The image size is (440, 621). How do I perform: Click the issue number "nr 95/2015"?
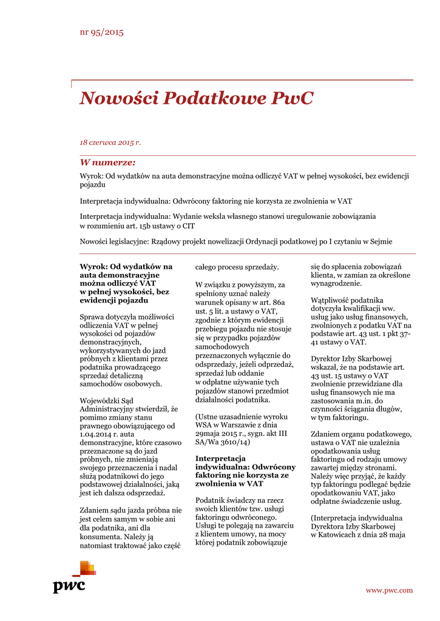coord(101,32)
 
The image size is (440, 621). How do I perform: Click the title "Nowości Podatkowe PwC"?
coord(196,98)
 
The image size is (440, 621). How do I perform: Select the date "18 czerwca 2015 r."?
coord(110,143)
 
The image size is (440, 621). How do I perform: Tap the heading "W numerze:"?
coord(107,163)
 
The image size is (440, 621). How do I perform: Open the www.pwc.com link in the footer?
coord(389,590)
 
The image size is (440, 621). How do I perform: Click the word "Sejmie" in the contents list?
coord(379,241)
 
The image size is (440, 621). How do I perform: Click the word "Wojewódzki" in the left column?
coord(103,401)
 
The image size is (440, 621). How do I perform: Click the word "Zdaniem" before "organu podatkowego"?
coord(327,434)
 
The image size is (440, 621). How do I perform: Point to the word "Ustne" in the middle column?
coord(208,418)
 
